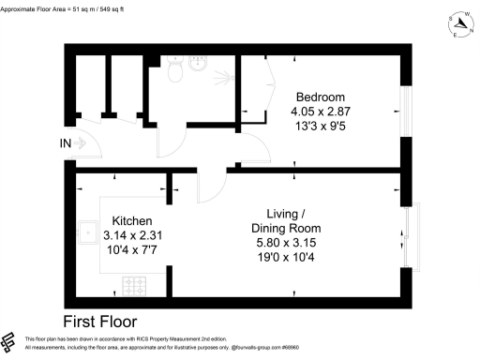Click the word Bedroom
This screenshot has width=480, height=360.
(321, 97)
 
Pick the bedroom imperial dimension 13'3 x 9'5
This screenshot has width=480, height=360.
(321, 127)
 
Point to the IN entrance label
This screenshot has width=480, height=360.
(64, 143)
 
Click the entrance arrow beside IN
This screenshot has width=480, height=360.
(81, 143)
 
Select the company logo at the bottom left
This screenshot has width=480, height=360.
(11, 342)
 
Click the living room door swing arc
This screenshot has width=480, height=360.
(210, 187)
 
